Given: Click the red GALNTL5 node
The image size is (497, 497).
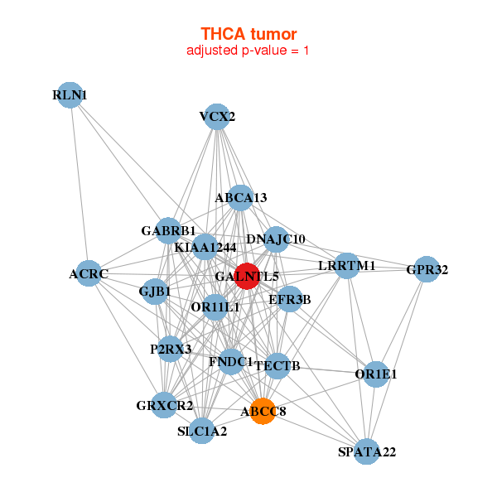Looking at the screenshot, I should coord(247,276).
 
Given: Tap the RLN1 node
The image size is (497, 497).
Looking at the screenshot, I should coord(70,95).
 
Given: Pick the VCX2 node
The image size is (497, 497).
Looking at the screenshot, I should coord(217,117).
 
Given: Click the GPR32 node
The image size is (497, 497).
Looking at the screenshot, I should coord(427,269).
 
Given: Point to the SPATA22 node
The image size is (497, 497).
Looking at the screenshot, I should coord(367,451).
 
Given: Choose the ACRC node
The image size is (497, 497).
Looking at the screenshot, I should coord(89,273).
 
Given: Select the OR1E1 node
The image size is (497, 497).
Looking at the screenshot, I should coord(376,374).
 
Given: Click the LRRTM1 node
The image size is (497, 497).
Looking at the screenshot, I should coord(348,266).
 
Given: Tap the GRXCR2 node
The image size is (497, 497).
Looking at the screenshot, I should coord(165,405).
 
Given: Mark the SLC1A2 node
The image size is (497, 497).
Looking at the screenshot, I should coord(202,431).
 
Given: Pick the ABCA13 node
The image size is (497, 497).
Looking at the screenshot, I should coord(240,198).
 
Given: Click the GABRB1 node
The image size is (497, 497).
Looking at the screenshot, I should coord(168,231).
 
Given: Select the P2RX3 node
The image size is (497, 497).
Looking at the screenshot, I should coord(171,350).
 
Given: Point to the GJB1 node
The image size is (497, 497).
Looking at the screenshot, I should coord(155,292).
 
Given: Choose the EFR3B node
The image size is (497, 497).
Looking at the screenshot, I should coord(289,299).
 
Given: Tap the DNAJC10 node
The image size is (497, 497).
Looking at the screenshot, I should coord(276,239).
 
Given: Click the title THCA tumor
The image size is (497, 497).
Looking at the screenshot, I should coord(248,34).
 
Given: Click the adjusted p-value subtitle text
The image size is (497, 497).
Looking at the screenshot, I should coord(248,51).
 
